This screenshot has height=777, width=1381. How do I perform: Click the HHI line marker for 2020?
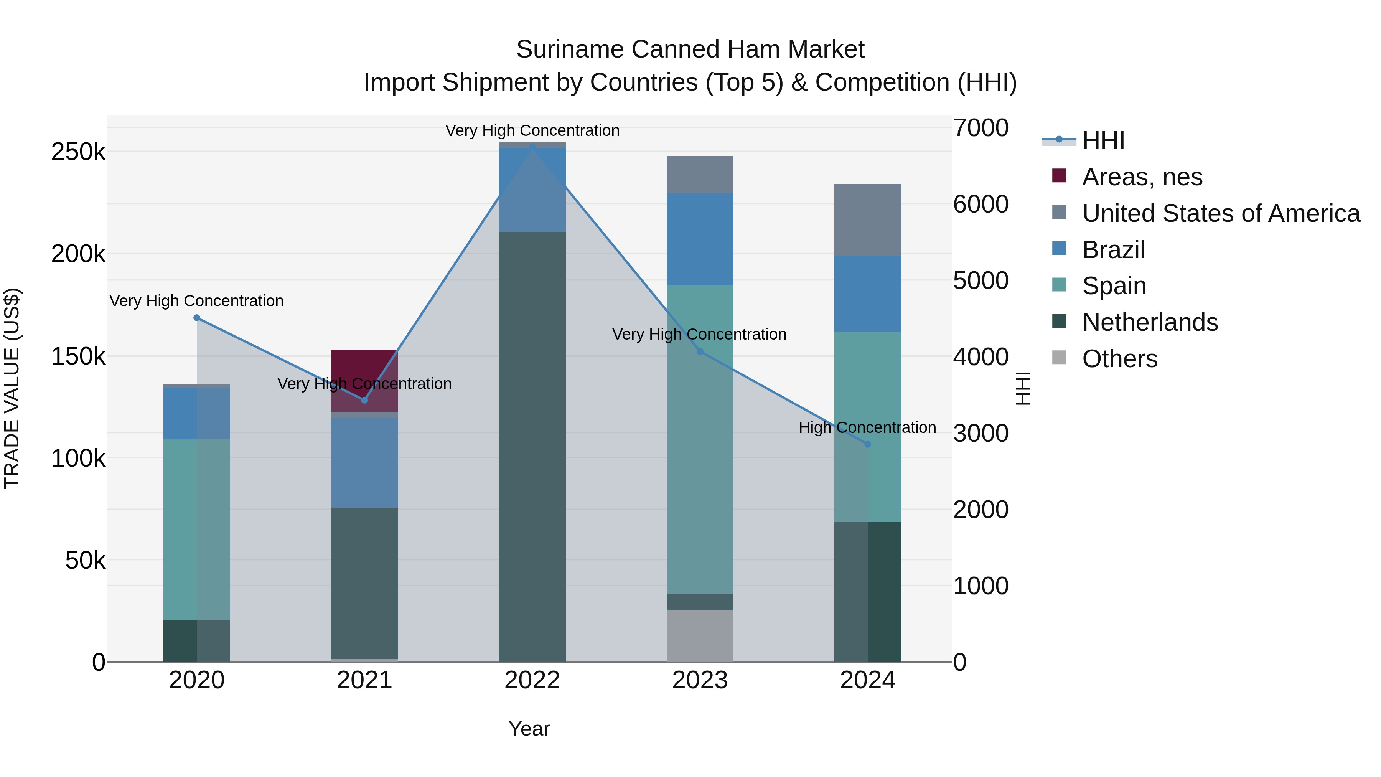point(197,318)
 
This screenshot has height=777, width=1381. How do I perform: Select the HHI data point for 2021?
point(364,400)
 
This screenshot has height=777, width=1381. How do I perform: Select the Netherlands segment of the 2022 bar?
point(532,445)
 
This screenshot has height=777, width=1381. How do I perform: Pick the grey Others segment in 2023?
point(700,635)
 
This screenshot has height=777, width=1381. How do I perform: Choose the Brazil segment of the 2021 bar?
point(364,462)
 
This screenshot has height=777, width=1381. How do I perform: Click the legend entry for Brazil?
point(1114,250)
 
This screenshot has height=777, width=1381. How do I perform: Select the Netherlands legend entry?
point(1150,322)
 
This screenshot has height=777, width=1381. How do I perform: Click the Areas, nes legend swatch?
point(1059,176)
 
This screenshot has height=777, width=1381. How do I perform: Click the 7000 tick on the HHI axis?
point(981,128)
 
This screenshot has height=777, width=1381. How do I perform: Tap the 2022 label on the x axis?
point(532,680)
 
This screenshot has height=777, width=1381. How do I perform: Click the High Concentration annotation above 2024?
point(867,427)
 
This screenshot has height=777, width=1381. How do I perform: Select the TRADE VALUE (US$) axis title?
point(12,388)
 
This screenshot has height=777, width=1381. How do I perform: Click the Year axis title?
point(529,729)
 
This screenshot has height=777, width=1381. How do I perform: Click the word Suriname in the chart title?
point(569,49)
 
